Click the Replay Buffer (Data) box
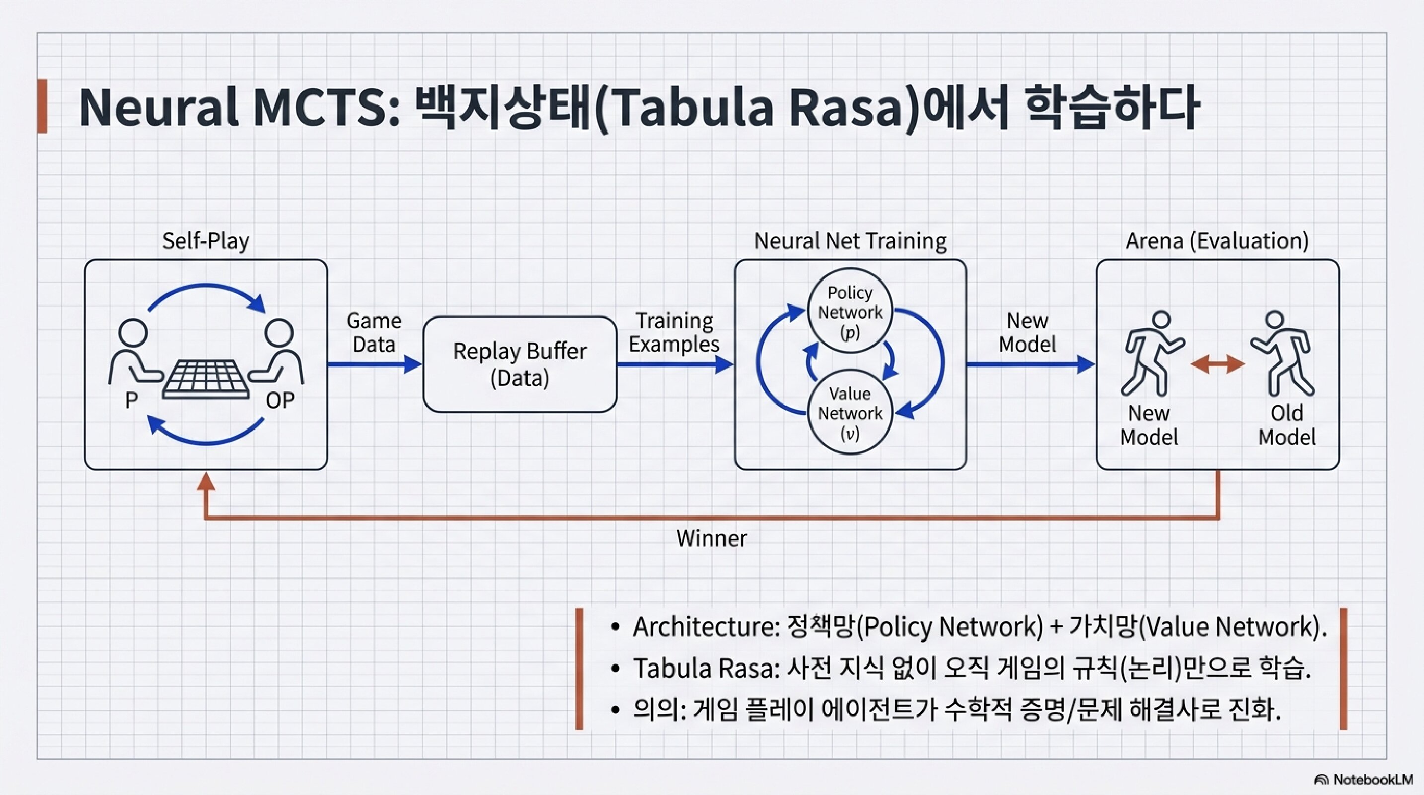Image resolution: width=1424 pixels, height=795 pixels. coord(520,364)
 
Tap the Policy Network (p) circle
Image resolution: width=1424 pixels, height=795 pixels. coord(850,313)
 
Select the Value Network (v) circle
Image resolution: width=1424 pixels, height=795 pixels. coord(850,413)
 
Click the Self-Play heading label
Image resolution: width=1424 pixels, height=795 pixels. coord(206,241)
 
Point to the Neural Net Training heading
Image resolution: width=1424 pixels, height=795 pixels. coord(850,241)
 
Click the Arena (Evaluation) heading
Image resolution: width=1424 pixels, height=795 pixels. coord(1217,241)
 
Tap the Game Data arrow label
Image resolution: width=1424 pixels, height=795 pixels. coord(374,332)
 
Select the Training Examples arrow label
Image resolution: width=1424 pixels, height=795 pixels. coord(674,332)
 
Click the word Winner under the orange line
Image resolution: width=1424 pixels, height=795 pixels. coord(711,539)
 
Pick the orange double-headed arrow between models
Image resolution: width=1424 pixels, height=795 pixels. coord(1217,364)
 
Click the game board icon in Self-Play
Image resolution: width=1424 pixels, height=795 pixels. coord(206,379)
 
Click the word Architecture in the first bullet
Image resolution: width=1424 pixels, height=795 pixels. coord(705,627)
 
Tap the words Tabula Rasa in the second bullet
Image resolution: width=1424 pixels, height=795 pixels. coord(705,668)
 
